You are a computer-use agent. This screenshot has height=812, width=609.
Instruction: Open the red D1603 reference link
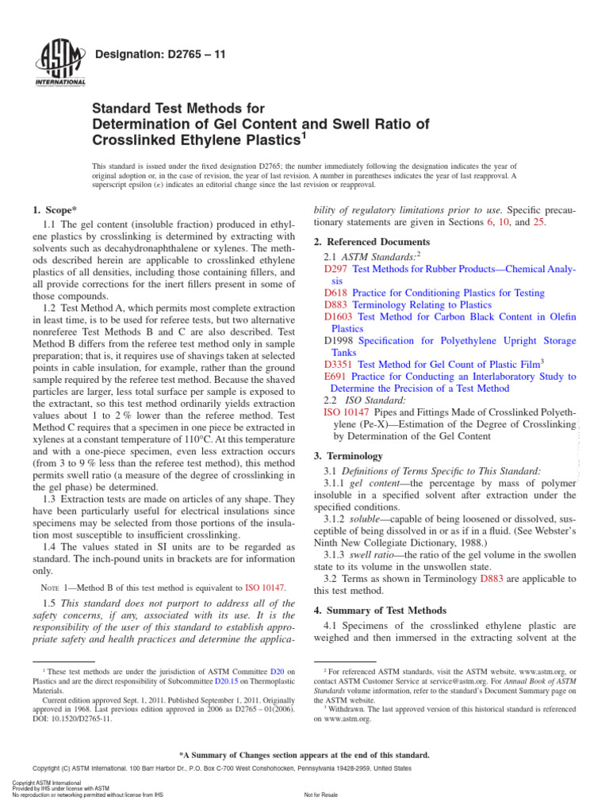339,316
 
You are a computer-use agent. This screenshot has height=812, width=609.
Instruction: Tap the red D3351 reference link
339,364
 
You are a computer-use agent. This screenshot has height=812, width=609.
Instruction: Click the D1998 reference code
339,340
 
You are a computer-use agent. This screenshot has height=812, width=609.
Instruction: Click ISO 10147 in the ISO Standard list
347,412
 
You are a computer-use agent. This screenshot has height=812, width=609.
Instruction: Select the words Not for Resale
320,794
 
